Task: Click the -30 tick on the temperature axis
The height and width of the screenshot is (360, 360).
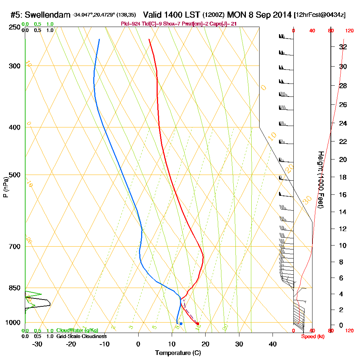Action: [x=37, y=344]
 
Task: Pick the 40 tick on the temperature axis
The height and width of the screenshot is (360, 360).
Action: [x=273, y=344]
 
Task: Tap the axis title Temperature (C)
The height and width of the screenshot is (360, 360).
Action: [x=177, y=353]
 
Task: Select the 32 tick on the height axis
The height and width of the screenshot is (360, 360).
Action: [x=343, y=47]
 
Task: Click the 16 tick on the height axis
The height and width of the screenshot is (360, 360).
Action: [x=343, y=195]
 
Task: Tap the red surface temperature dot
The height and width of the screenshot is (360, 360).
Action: [x=198, y=324]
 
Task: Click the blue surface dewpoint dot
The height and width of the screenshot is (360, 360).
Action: [x=181, y=324]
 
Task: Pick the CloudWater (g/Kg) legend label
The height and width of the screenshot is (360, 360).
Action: [x=77, y=330]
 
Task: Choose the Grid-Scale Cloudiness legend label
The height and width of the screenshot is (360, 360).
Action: [x=81, y=336]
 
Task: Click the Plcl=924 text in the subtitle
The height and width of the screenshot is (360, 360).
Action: [x=132, y=24]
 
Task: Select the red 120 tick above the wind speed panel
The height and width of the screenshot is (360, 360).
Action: [x=349, y=31]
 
